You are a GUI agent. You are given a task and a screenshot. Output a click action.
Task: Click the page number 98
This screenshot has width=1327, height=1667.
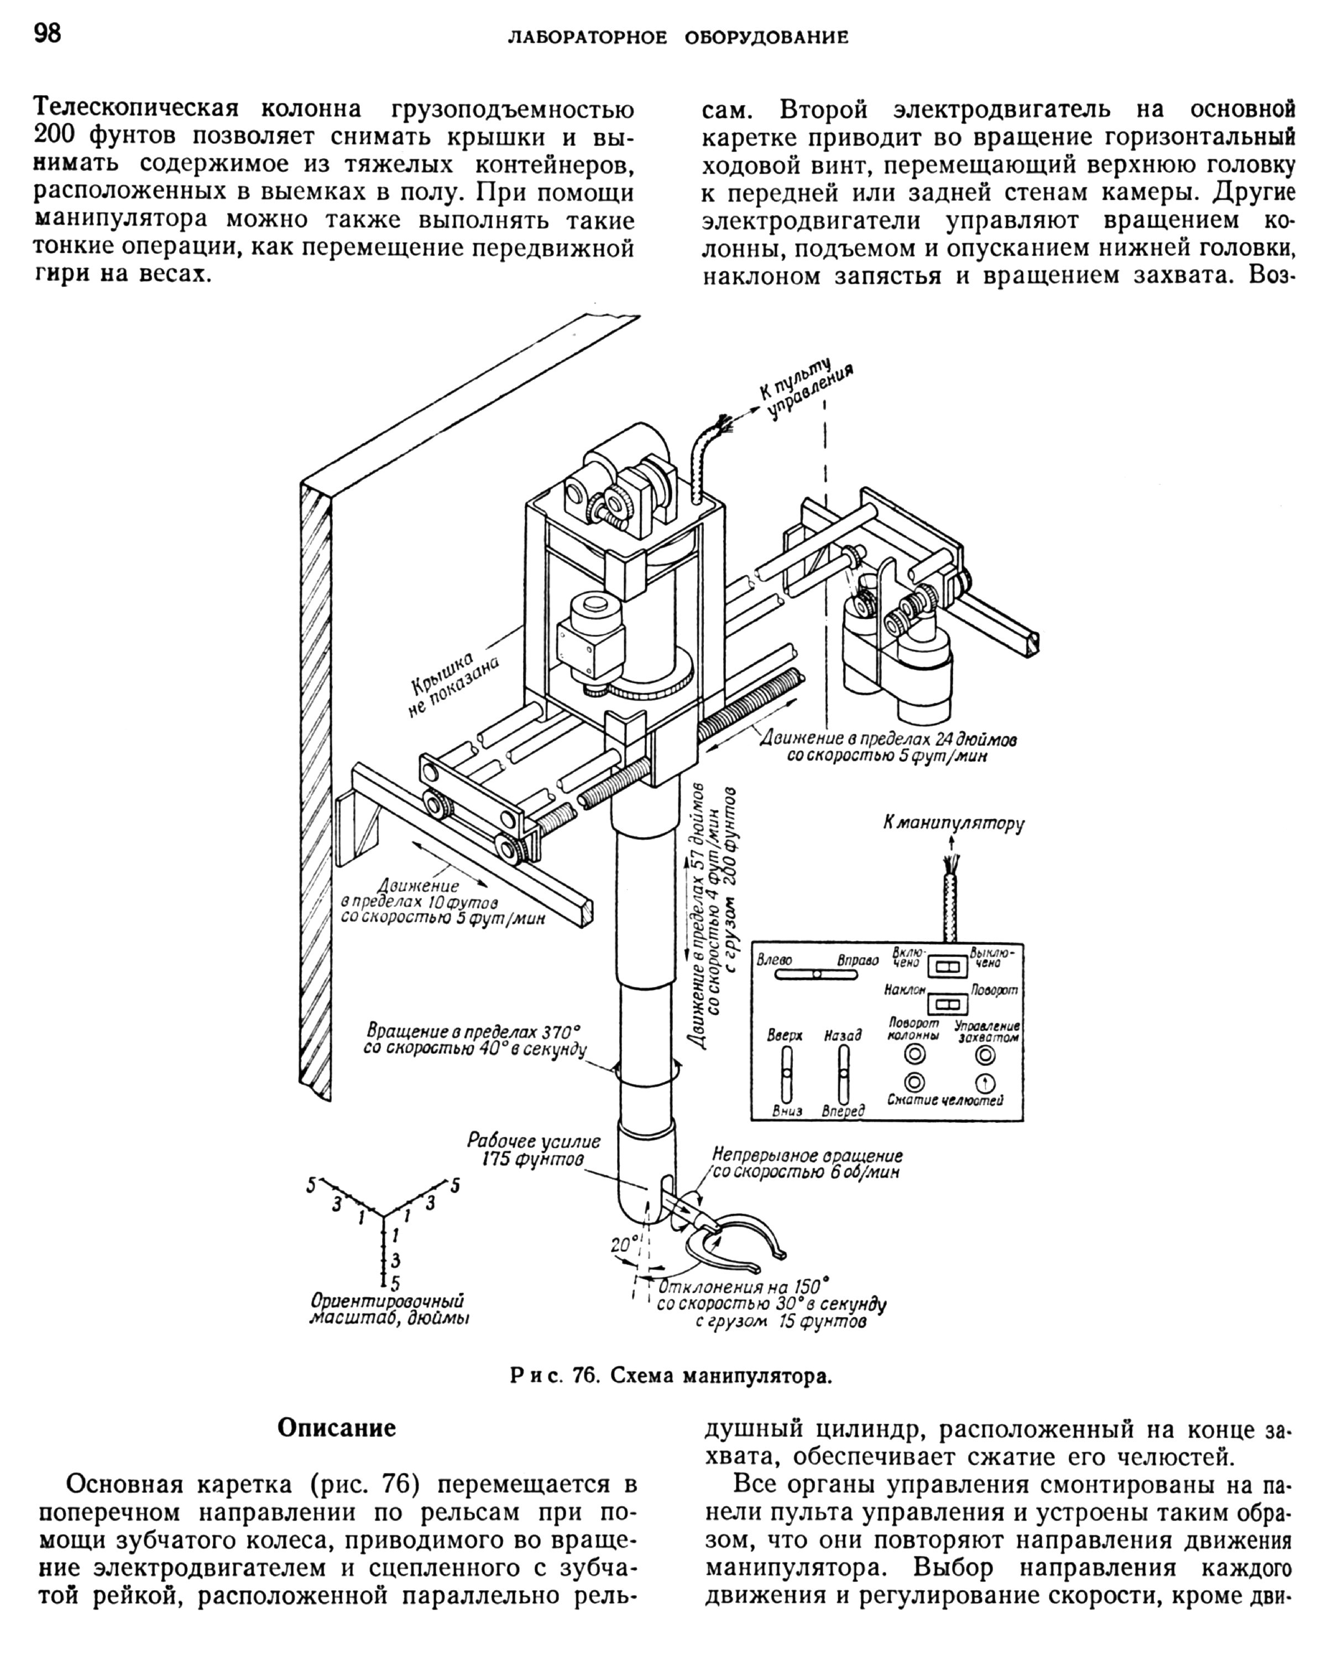pos(48,34)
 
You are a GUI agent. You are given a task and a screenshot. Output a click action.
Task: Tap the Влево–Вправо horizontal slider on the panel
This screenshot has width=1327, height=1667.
pos(817,975)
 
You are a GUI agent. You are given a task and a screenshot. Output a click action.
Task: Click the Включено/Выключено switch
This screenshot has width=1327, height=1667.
pos(947,966)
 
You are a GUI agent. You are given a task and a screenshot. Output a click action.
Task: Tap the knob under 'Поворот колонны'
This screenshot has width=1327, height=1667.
pos(915,1054)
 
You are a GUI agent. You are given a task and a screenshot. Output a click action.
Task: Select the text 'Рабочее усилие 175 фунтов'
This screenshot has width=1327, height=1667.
pos(533,1149)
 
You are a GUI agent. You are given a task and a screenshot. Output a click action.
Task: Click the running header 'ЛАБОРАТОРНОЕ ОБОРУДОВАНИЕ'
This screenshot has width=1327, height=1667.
pos(677,37)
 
